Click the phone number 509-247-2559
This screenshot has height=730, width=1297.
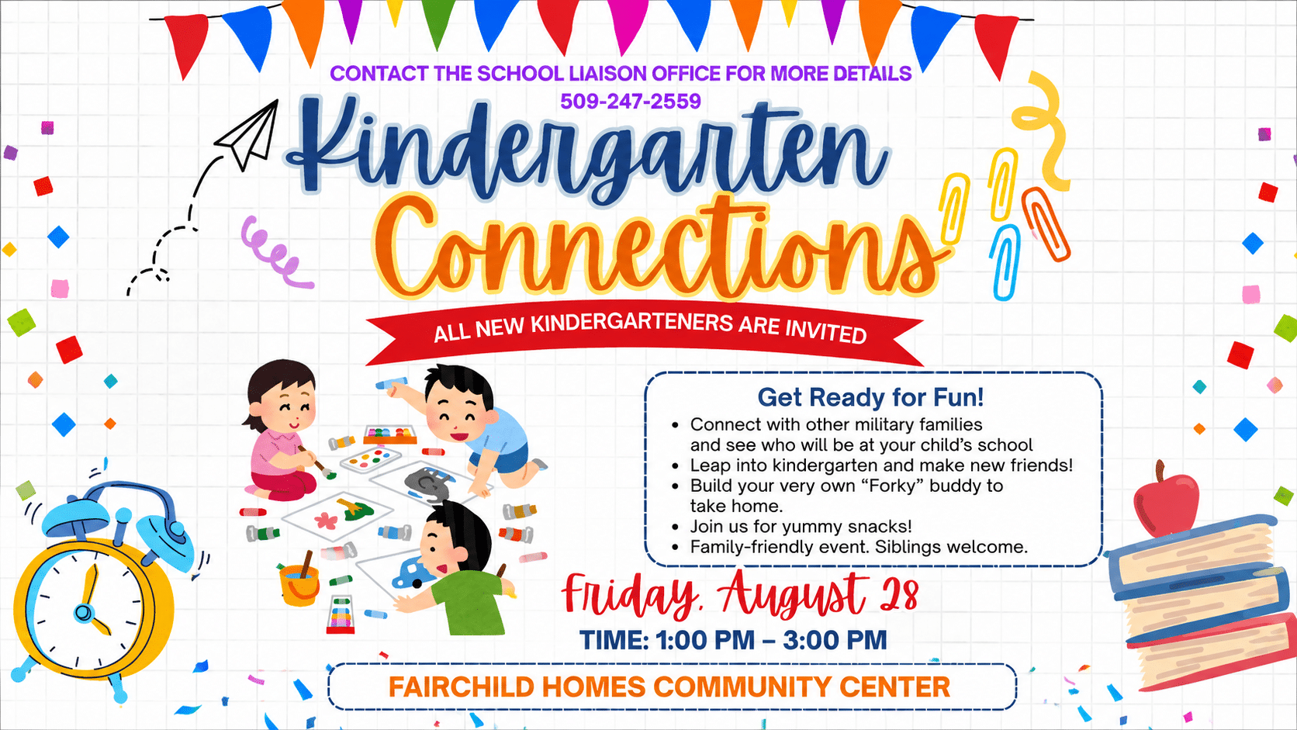tap(631, 102)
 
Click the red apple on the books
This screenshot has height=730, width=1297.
tap(1166, 498)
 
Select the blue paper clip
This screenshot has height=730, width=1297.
tap(1005, 262)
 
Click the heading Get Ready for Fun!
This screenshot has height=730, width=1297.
tap(871, 398)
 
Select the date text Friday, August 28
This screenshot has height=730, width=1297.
tap(740, 594)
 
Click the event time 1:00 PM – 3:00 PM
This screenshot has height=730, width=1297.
tap(771, 640)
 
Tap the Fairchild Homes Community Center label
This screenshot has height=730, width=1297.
tap(669, 687)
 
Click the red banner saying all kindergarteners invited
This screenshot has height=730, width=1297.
tap(645, 332)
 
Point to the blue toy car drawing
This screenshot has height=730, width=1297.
tap(415, 573)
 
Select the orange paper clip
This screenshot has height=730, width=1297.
tap(1046, 225)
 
